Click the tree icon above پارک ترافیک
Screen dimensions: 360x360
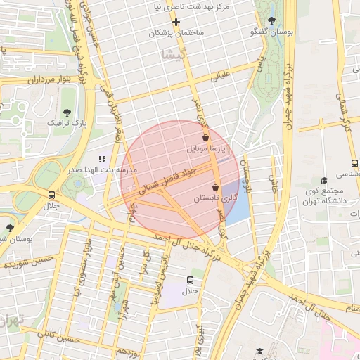click(67, 112)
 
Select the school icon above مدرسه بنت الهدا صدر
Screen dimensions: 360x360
click(101, 159)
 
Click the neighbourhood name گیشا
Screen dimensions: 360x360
click(173, 53)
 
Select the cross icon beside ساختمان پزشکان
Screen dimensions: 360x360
click(176, 22)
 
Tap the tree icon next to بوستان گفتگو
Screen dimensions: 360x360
click(272, 20)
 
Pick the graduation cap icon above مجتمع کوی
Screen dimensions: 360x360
click(323, 181)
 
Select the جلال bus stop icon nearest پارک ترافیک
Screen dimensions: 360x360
click(51, 195)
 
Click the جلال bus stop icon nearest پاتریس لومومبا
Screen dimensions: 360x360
click(191, 278)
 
